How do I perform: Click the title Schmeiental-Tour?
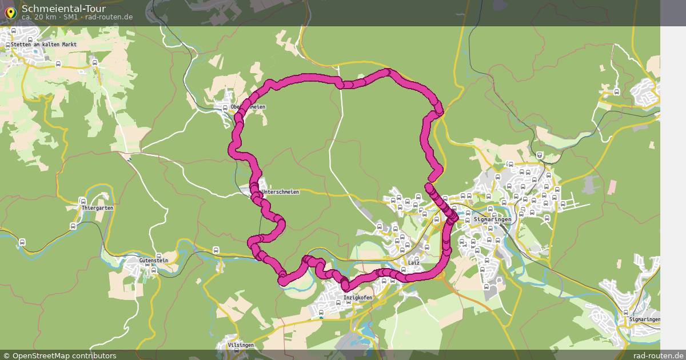click(x=55, y=8)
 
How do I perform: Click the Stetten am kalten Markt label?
click(x=43, y=44)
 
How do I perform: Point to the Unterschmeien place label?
click(x=281, y=192)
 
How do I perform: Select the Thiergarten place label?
click(x=97, y=208)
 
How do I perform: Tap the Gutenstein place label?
click(x=154, y=260)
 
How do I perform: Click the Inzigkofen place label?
click(x=358, y=298)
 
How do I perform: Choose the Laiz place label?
click(x=414, y=262)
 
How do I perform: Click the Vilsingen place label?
click(x=241, y=346)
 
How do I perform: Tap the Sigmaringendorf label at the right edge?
click(x=644, y=319)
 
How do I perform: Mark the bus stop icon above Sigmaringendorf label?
click(x=625, y=312)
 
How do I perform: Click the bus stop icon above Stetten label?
click(x=30, y=38)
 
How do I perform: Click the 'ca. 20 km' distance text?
click(x=39, y=17)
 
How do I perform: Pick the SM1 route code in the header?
click(x=71, y=17)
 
